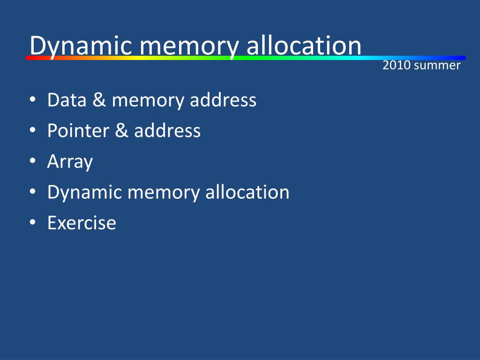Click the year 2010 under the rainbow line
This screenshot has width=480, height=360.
tap(396, 66)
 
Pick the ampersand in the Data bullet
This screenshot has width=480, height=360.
tap(99, 100)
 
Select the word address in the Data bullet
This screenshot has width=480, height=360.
tap(223, 100)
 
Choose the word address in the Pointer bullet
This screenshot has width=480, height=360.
tap(167, 130)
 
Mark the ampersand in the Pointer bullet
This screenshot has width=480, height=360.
tap(120, 130)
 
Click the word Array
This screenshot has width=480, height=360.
tap(70, 162)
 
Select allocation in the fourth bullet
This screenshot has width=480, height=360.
tap(247, 192)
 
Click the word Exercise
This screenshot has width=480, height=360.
tap(82, 222)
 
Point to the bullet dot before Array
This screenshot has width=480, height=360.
tap(32, 161)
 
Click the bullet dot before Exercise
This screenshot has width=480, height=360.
tap(32, 222)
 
